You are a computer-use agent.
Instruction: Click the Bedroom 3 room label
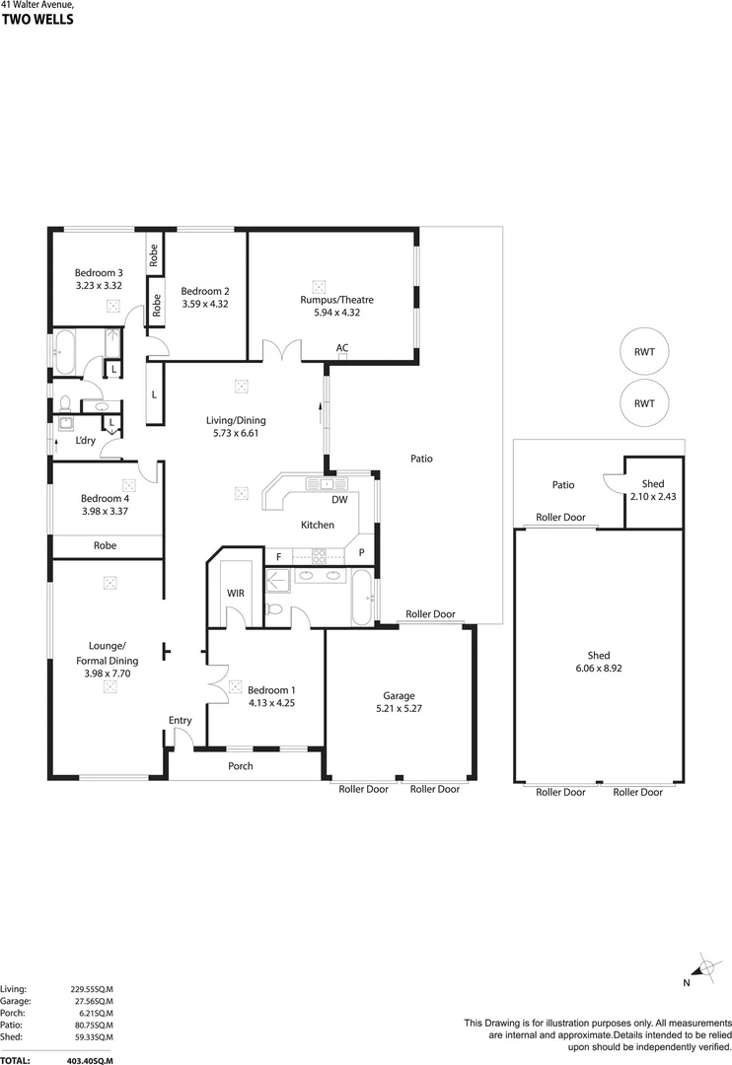pos(99,273)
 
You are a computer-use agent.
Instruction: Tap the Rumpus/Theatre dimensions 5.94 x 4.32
pos(336,314)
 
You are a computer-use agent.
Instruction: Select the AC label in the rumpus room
pos(342,347)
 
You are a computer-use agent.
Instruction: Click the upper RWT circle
pos(644,352)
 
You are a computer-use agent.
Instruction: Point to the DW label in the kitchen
pos(338,500)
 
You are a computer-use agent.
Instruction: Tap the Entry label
pos(180,720)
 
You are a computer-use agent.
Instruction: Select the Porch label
pos(241,766)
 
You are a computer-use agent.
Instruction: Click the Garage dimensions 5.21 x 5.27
pos(399,708)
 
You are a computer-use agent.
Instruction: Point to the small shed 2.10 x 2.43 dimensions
pos(652,496)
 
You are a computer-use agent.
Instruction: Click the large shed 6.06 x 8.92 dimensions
pos(598,668)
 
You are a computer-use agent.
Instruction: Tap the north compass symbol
pos(705,967)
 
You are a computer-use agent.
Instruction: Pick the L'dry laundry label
pos(87,441)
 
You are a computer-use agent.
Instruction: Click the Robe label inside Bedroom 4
pos(106,545)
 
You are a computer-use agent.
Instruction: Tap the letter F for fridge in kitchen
pos(278,557)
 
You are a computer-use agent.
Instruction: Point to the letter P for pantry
pos(362,553)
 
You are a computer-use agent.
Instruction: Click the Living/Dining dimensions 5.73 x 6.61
pos(236,433)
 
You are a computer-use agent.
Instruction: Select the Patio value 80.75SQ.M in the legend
pos(92,1025)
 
